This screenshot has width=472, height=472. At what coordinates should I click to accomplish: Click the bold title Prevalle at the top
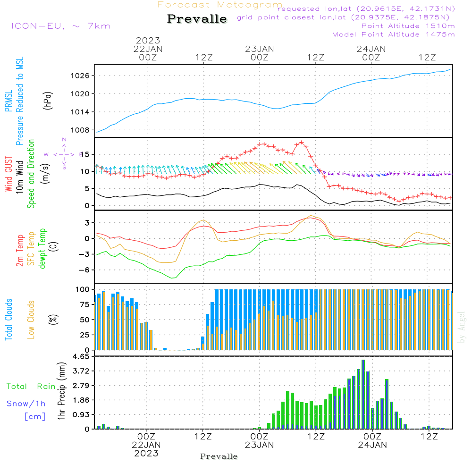click(197, 19)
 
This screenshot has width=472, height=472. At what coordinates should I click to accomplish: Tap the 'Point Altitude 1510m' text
click(408, 26)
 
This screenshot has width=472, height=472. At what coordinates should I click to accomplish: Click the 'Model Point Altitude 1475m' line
click(393, 34)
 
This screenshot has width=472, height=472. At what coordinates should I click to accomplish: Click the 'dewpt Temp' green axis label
click(43, 249)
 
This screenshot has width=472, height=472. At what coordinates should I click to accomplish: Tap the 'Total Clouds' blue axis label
click(9, 320)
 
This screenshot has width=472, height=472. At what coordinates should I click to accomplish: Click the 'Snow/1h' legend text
click(26, 404)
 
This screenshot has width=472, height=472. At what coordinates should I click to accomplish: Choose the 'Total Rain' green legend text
click(31, 386)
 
